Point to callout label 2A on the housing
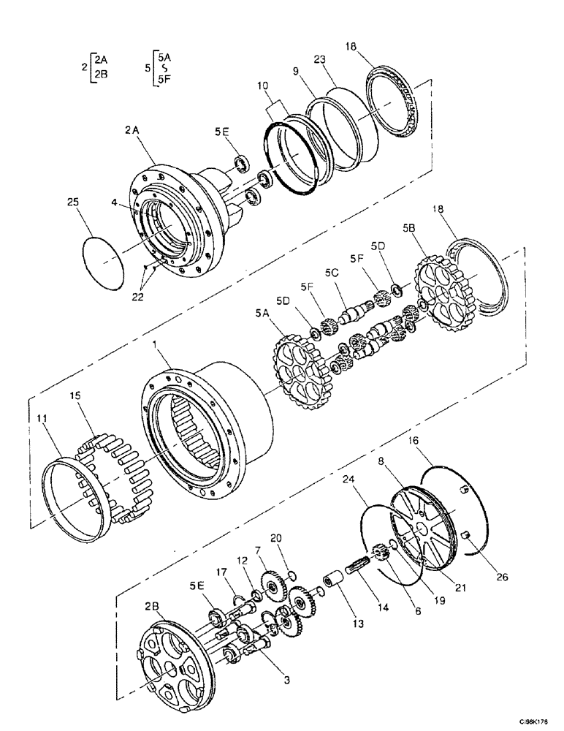pyautogui.click(x=132, y=129)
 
